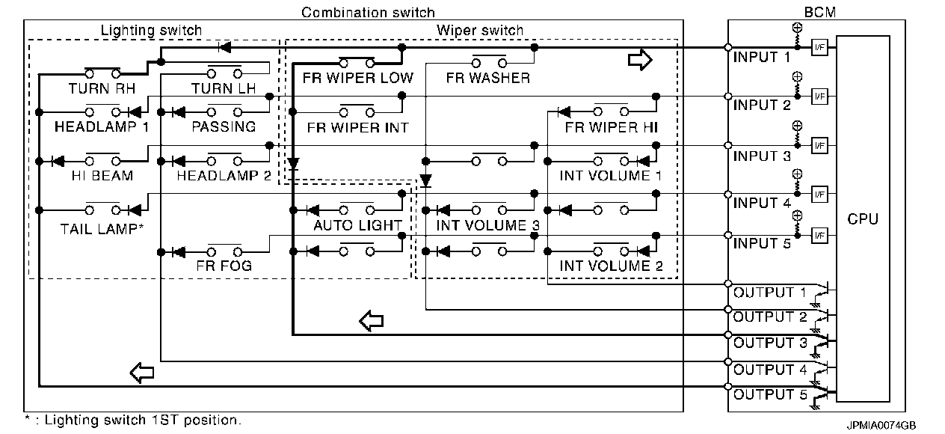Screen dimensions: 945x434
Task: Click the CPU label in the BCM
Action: point(863,218)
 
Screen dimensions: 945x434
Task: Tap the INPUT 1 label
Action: point(762,57)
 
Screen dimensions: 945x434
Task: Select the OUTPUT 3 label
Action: point(770,343)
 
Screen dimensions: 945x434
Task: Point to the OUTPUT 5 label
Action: point(770,394)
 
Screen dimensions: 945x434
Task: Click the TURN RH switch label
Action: point(102,88)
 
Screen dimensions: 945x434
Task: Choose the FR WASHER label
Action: point(488,78)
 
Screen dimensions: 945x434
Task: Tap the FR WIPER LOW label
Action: point(358,78)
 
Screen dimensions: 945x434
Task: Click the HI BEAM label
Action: point(102,176)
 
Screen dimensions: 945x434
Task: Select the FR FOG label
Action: point(224,266)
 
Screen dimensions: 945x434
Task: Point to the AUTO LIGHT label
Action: point(358,225)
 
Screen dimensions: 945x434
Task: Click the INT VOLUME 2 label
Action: point(611,266)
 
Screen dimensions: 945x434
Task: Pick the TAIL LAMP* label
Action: point(102,229)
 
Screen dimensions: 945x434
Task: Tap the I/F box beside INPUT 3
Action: point(819,146)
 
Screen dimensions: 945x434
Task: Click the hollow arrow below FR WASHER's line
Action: point(640,60)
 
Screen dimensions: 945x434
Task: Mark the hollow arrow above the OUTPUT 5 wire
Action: point(142,373)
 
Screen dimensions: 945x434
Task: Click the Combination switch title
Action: point(368,13)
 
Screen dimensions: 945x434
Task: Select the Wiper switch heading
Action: point(480,31)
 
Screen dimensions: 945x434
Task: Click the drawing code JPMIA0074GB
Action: point(881,425)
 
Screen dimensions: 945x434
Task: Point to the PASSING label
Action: point(224,126)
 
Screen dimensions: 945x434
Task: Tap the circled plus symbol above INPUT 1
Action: point(797,28)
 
